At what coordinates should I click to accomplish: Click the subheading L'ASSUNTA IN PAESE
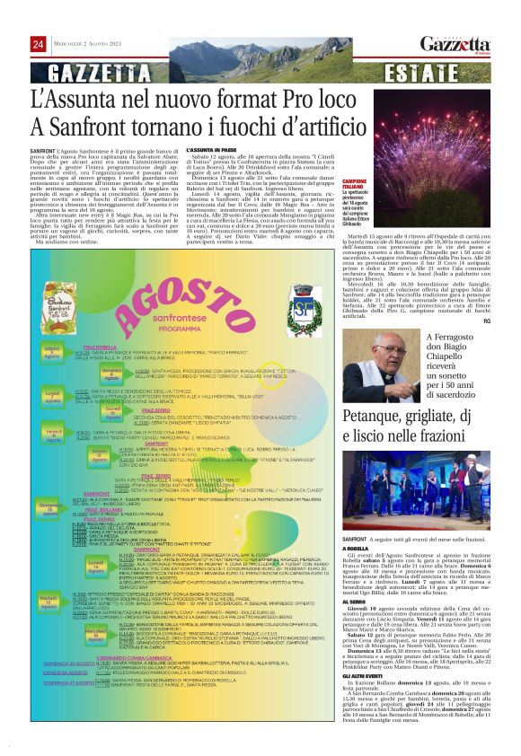213,150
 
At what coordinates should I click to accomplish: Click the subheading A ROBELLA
356,547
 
